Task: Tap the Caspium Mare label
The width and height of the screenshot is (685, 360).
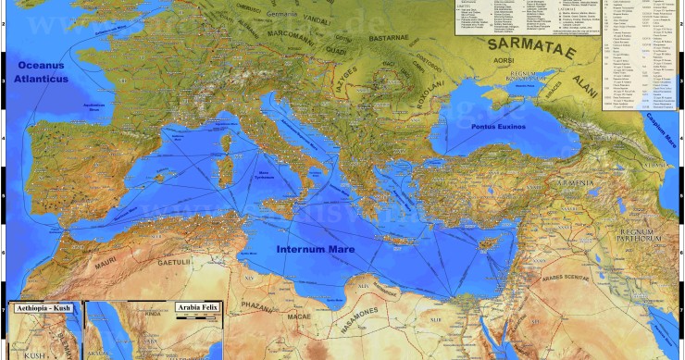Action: point(664,124)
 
